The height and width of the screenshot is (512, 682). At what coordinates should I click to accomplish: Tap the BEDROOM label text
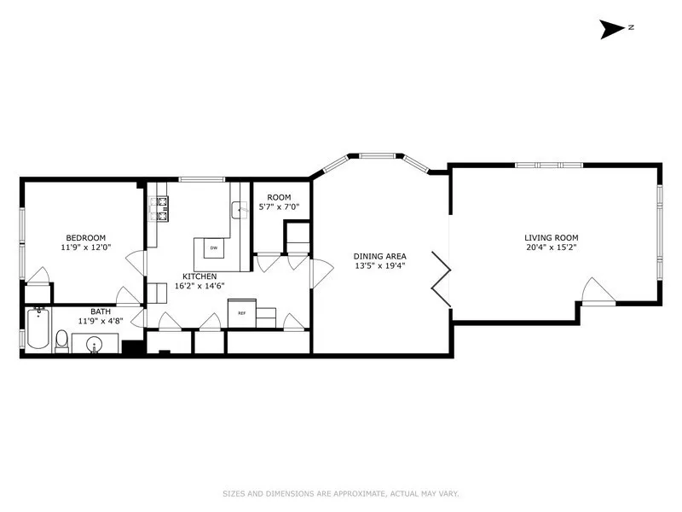point(85,237)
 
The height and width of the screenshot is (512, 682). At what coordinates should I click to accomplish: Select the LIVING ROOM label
point(552,237)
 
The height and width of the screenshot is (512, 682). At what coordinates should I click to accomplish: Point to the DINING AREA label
point(380,255)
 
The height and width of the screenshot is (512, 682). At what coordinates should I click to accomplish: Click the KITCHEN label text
point(199,276)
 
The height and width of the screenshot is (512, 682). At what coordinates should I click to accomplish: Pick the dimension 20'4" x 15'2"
point(552,247)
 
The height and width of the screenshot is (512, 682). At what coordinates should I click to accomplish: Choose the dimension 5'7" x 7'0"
point(280,207)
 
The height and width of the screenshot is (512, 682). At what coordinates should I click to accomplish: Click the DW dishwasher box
point(214,249)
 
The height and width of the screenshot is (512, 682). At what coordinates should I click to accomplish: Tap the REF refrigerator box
point(241,313)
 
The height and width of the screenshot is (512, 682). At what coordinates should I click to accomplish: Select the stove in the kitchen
point(159,207)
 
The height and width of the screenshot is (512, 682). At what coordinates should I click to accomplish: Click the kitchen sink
point(239,210)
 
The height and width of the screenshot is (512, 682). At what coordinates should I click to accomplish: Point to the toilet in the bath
point(61,340)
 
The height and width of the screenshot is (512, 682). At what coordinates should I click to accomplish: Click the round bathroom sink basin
point(94,345)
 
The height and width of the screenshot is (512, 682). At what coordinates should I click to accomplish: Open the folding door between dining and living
point(442,278)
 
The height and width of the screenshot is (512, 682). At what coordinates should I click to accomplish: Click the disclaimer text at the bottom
point(340,493)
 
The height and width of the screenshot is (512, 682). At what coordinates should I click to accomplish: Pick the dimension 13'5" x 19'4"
point(380,265)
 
